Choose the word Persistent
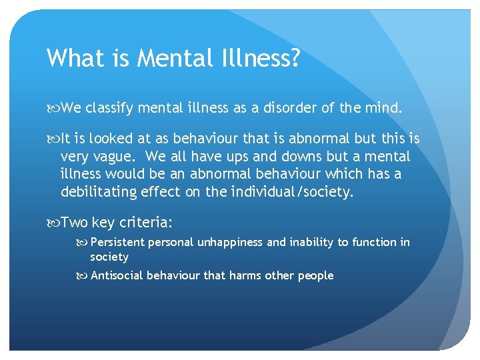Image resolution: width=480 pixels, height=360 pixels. pos(117,242)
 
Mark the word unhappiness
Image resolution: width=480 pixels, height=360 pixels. pos(230,242)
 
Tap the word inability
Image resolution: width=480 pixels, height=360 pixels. pos(311,242)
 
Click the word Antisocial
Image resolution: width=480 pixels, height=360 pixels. pos(117,275)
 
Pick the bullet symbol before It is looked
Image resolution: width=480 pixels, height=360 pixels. pos(53,139)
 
